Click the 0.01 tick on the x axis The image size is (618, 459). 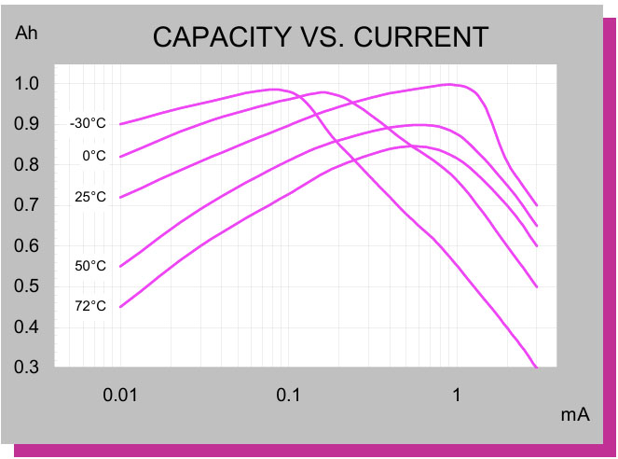pyautogui.click(x=120, y=395)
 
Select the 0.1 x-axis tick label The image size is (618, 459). pyautogui.click(x=288, y=395)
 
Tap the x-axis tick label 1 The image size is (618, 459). pyautogui.click(x=457, y=395)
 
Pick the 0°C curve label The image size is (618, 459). pyautogui.click(x=94, y=156)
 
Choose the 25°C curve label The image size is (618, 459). pyautogui.click(x=91, y=197)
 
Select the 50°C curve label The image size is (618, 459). pyautogui.click(x=91, y=266)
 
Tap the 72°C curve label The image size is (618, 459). pyautogui.click(x=91, y=306)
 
